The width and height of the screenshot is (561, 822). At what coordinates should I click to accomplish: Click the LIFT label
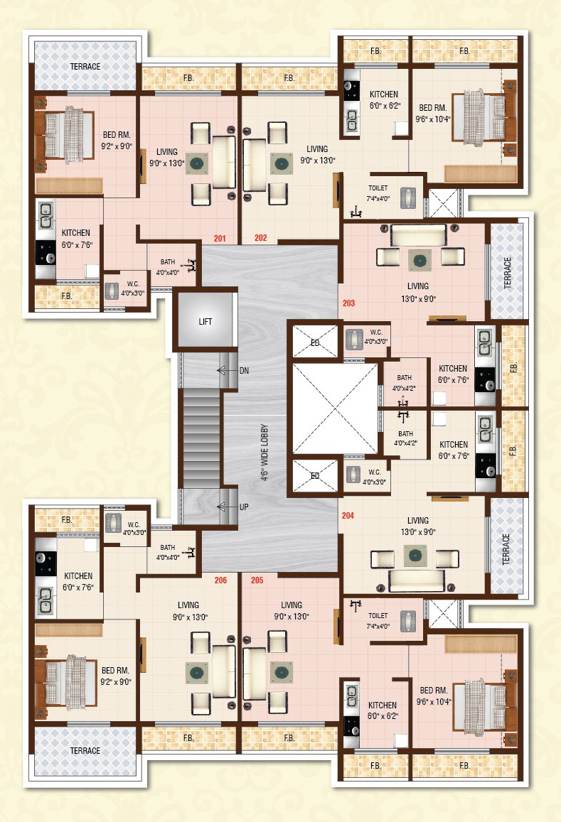205,321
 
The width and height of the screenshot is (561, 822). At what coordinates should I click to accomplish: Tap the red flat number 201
220,239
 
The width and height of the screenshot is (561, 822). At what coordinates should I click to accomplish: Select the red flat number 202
261,237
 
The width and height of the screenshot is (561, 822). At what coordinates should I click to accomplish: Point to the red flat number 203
349,303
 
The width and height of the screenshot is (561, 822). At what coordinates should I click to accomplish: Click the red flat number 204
348,516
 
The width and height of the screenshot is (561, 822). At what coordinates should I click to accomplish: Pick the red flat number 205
257,580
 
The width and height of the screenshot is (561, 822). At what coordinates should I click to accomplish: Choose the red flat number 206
221,580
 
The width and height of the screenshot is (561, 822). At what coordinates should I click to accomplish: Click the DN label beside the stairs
244,371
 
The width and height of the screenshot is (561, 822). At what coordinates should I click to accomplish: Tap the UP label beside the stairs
244,507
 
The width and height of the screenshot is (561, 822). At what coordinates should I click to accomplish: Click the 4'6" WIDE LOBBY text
264,453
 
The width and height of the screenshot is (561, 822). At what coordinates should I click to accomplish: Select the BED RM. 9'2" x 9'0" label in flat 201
117,141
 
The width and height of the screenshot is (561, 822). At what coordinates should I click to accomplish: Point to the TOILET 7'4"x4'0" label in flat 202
378,193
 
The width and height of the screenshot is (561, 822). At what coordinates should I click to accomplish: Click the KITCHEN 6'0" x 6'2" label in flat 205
383,710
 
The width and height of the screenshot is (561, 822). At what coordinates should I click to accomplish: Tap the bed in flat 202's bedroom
479,117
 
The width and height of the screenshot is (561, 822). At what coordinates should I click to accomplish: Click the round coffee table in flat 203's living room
420,260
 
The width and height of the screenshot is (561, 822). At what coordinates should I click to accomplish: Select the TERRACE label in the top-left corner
85,67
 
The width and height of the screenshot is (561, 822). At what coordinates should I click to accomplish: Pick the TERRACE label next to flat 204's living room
506,549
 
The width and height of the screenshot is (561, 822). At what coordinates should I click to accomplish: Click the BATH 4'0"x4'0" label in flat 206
168,552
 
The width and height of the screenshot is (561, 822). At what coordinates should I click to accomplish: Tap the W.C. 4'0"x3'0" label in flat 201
133,288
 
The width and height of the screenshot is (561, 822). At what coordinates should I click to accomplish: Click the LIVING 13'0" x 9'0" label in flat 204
418,526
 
